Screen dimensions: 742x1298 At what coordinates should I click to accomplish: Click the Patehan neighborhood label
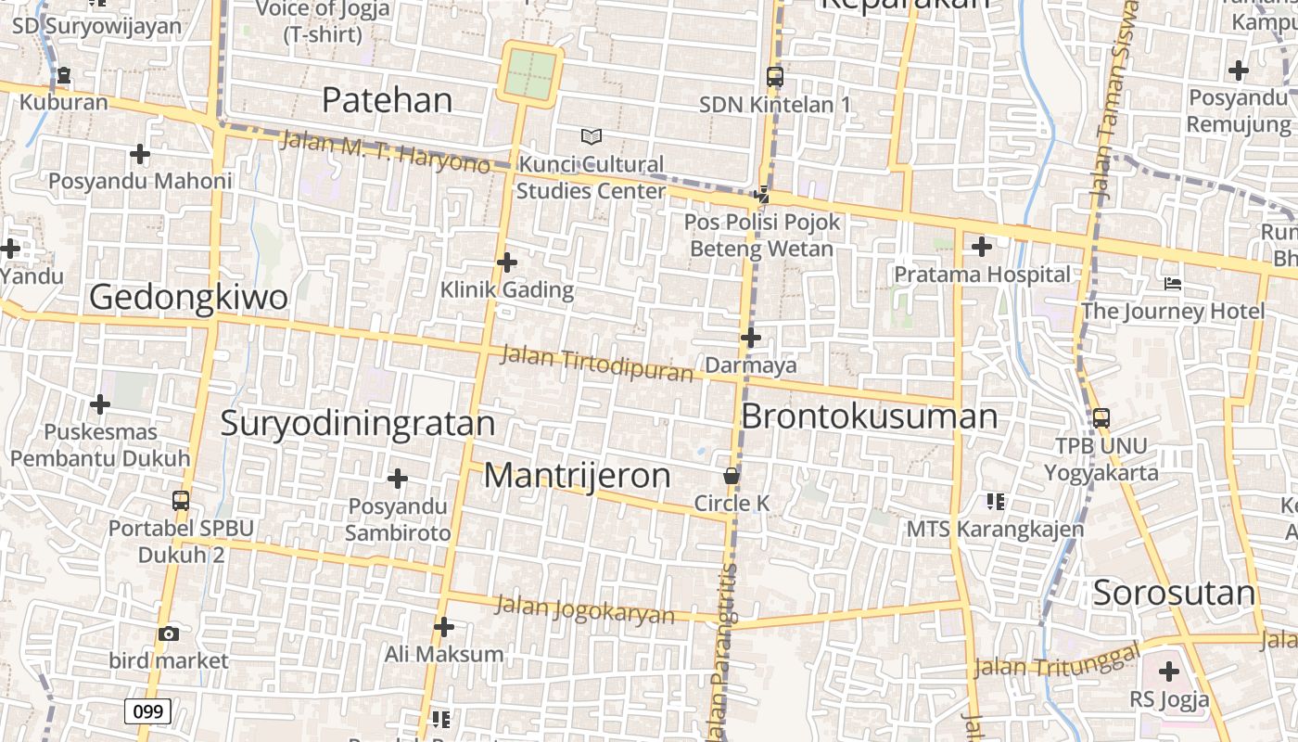[x=387, y=100]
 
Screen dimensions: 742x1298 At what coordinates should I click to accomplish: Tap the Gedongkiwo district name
[x=188, y=297]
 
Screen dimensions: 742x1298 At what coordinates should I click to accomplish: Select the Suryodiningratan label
[x=358, y=423]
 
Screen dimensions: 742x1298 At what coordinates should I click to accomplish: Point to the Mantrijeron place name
[x=577, y=476]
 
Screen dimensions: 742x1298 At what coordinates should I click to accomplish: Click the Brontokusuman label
[x=869, y=416]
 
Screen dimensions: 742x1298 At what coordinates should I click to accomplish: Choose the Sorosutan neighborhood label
[x=1174, y=593]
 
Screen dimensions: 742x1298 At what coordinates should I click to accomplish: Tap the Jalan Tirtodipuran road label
[x=597, y=364]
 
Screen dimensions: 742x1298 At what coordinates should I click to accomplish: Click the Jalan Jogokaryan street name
[x=585, y=610]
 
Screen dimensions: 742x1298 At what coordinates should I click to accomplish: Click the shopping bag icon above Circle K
[x=732, y=476]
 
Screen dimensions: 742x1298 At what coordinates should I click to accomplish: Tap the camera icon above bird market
[x=169, y=634]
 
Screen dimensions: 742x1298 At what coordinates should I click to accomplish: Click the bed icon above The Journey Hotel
[x=1173, y=283]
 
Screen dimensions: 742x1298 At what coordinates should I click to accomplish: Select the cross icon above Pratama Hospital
[x=981, y=247]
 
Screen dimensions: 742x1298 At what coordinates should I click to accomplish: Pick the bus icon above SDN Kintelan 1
[x=775, y=77]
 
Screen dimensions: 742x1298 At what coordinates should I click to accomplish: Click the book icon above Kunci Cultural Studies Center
[x=592, y=137]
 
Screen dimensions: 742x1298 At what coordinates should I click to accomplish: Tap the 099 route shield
[x=147, y=711]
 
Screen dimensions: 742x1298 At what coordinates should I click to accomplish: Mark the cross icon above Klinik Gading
[x=506, y=262]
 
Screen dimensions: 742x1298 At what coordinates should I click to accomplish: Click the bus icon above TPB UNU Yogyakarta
[x=1101, y=418]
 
